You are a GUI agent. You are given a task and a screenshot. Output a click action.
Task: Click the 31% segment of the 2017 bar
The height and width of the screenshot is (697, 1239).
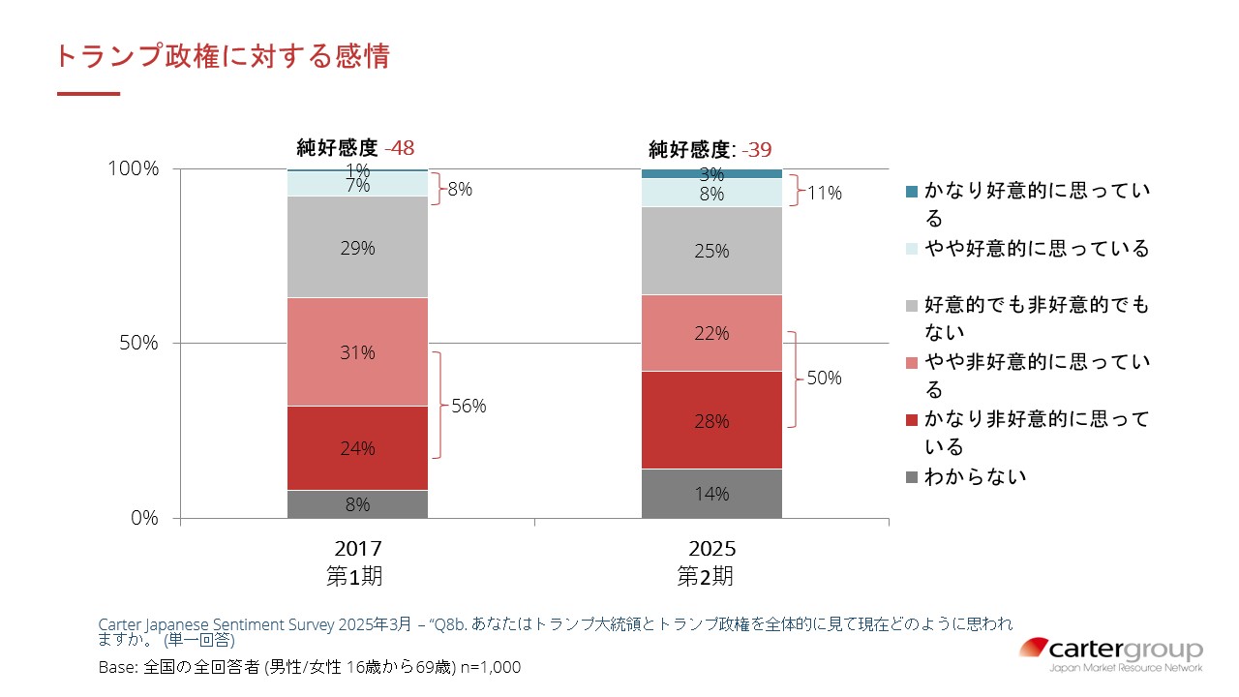(x=357, y=351)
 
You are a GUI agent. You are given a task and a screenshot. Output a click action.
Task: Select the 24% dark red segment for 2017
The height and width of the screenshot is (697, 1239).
(x=357, y=447)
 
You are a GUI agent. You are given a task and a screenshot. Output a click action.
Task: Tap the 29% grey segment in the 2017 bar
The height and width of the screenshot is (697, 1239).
(x=357, y=247)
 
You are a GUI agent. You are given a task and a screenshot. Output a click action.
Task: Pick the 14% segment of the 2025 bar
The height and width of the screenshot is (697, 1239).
(x=711, y=494)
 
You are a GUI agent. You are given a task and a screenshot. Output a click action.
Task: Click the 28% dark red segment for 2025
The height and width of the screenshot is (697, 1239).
(x=711, y=420)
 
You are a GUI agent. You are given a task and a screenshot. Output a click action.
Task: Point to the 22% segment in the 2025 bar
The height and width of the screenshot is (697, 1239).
(x=711, y=333)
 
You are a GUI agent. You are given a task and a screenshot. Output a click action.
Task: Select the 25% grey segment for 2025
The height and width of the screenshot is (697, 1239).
(x=711, y=251)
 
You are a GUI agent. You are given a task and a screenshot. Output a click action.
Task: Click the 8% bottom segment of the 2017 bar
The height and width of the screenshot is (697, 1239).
(x=357, y=504)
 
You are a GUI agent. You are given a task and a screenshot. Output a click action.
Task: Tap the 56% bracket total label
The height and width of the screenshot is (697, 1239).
(x=468, y=406)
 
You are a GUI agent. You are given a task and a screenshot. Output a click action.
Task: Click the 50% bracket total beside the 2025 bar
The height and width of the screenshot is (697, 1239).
(x=824, y=378)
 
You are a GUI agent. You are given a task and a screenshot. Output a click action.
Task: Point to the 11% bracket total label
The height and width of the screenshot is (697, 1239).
(x=824, y=193)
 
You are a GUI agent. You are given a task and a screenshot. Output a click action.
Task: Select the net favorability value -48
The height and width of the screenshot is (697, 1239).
(x=400, y=148)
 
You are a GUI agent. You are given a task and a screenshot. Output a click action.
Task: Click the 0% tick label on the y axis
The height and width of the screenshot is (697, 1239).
(x=145, y=518)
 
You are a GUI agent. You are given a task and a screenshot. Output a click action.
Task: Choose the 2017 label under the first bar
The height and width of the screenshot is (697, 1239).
(x=357, y=549)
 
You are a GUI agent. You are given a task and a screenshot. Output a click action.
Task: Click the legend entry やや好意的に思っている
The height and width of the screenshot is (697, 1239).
(x=1036, y=249)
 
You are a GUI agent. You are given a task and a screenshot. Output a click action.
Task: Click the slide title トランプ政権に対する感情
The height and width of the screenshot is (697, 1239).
(x=223, y=56)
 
